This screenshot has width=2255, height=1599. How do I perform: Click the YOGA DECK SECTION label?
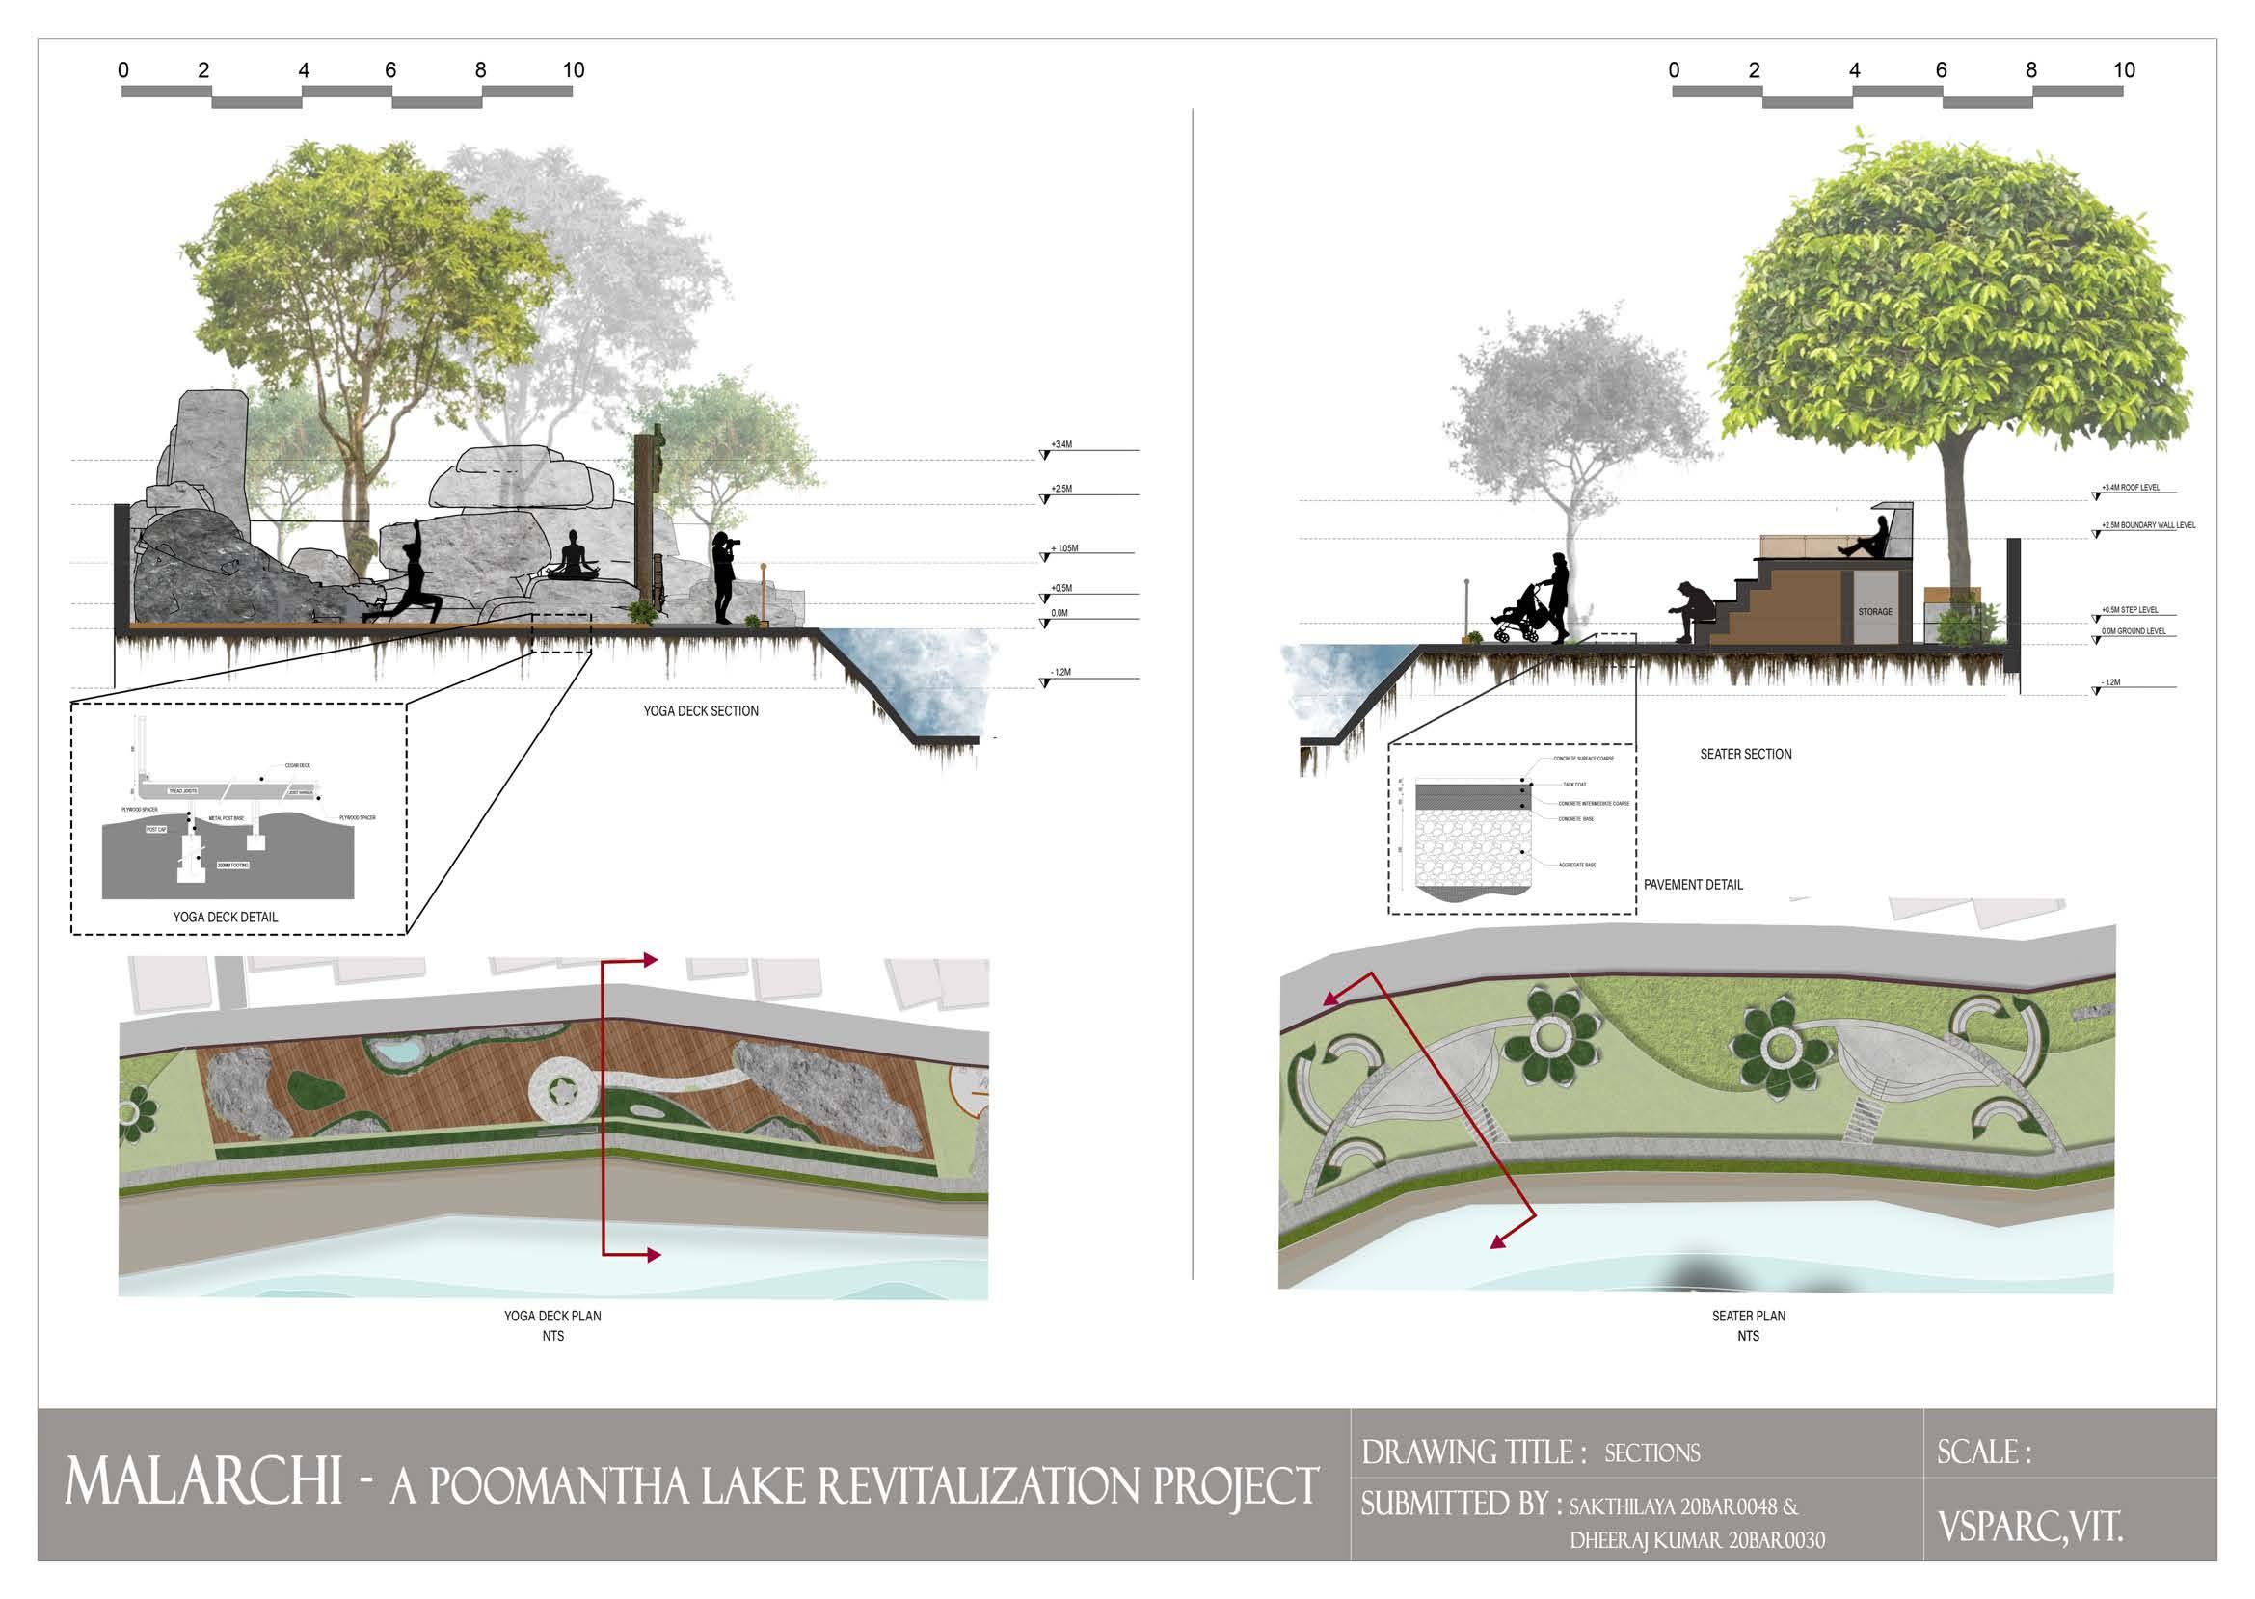coord(701,711)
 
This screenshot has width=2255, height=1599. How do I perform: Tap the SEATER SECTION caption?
coord(1746,755)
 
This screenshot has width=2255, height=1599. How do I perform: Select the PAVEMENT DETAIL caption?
coord(1693,885)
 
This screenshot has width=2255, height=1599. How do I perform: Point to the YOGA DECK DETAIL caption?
coord(226,918)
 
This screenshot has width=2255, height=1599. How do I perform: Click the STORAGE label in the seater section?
coord(1875,611)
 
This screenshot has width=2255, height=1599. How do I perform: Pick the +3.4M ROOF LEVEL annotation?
coord(2130,488)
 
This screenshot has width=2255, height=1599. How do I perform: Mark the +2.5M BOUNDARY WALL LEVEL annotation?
coord(2148,526)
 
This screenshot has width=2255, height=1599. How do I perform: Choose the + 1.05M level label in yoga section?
coord(1064,548)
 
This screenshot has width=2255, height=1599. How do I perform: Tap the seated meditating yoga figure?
coord(572,557)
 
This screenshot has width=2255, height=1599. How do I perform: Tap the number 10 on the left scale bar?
coord(573,71)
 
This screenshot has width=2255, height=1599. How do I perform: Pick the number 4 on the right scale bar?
coord(1854,71)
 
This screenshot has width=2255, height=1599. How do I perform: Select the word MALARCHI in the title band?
coord(203,1480)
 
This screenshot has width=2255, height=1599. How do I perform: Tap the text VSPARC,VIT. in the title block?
coord(2029,1527)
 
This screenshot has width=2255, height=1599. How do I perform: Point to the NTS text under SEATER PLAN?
coord(1748,1336)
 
